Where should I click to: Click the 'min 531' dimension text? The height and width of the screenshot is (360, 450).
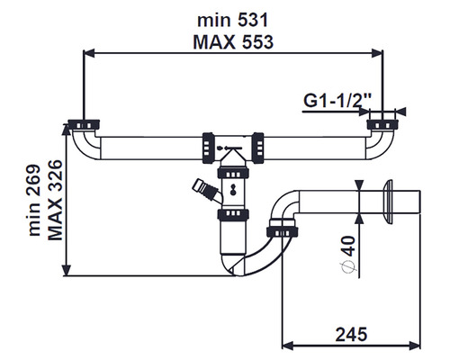[x=232, y=21]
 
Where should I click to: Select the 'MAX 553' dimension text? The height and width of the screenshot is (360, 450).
[x=233, y=42]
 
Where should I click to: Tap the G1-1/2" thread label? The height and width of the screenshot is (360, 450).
[x=337, y=101]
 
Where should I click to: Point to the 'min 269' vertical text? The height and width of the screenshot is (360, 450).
[x=34, y=200]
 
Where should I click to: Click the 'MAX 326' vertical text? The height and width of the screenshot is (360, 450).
[x=55, y=200]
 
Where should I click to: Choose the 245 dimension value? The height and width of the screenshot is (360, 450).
[x=351, y=334]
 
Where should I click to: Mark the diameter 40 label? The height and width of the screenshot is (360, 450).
[x=348, y=255]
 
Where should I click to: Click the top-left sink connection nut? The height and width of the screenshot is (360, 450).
[x=84, y=124]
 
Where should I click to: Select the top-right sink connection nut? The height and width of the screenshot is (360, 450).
[x=382, y=124]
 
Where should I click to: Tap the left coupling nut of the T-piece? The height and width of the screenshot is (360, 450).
[x=208, y=148]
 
